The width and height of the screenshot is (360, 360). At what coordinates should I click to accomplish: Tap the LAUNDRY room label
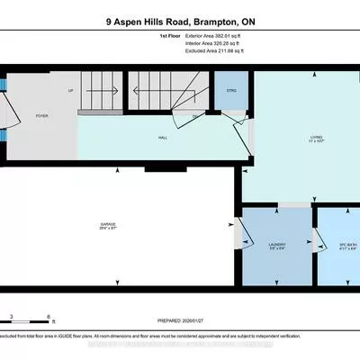276,244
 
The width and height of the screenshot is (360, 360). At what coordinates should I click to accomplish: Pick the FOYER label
41,114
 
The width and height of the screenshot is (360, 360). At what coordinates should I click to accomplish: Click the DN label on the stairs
194,116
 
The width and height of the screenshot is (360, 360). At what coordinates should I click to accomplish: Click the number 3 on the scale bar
11,315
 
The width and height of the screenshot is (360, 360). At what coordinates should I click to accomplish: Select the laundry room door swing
240,235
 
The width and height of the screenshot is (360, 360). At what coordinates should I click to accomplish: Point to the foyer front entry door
8,112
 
